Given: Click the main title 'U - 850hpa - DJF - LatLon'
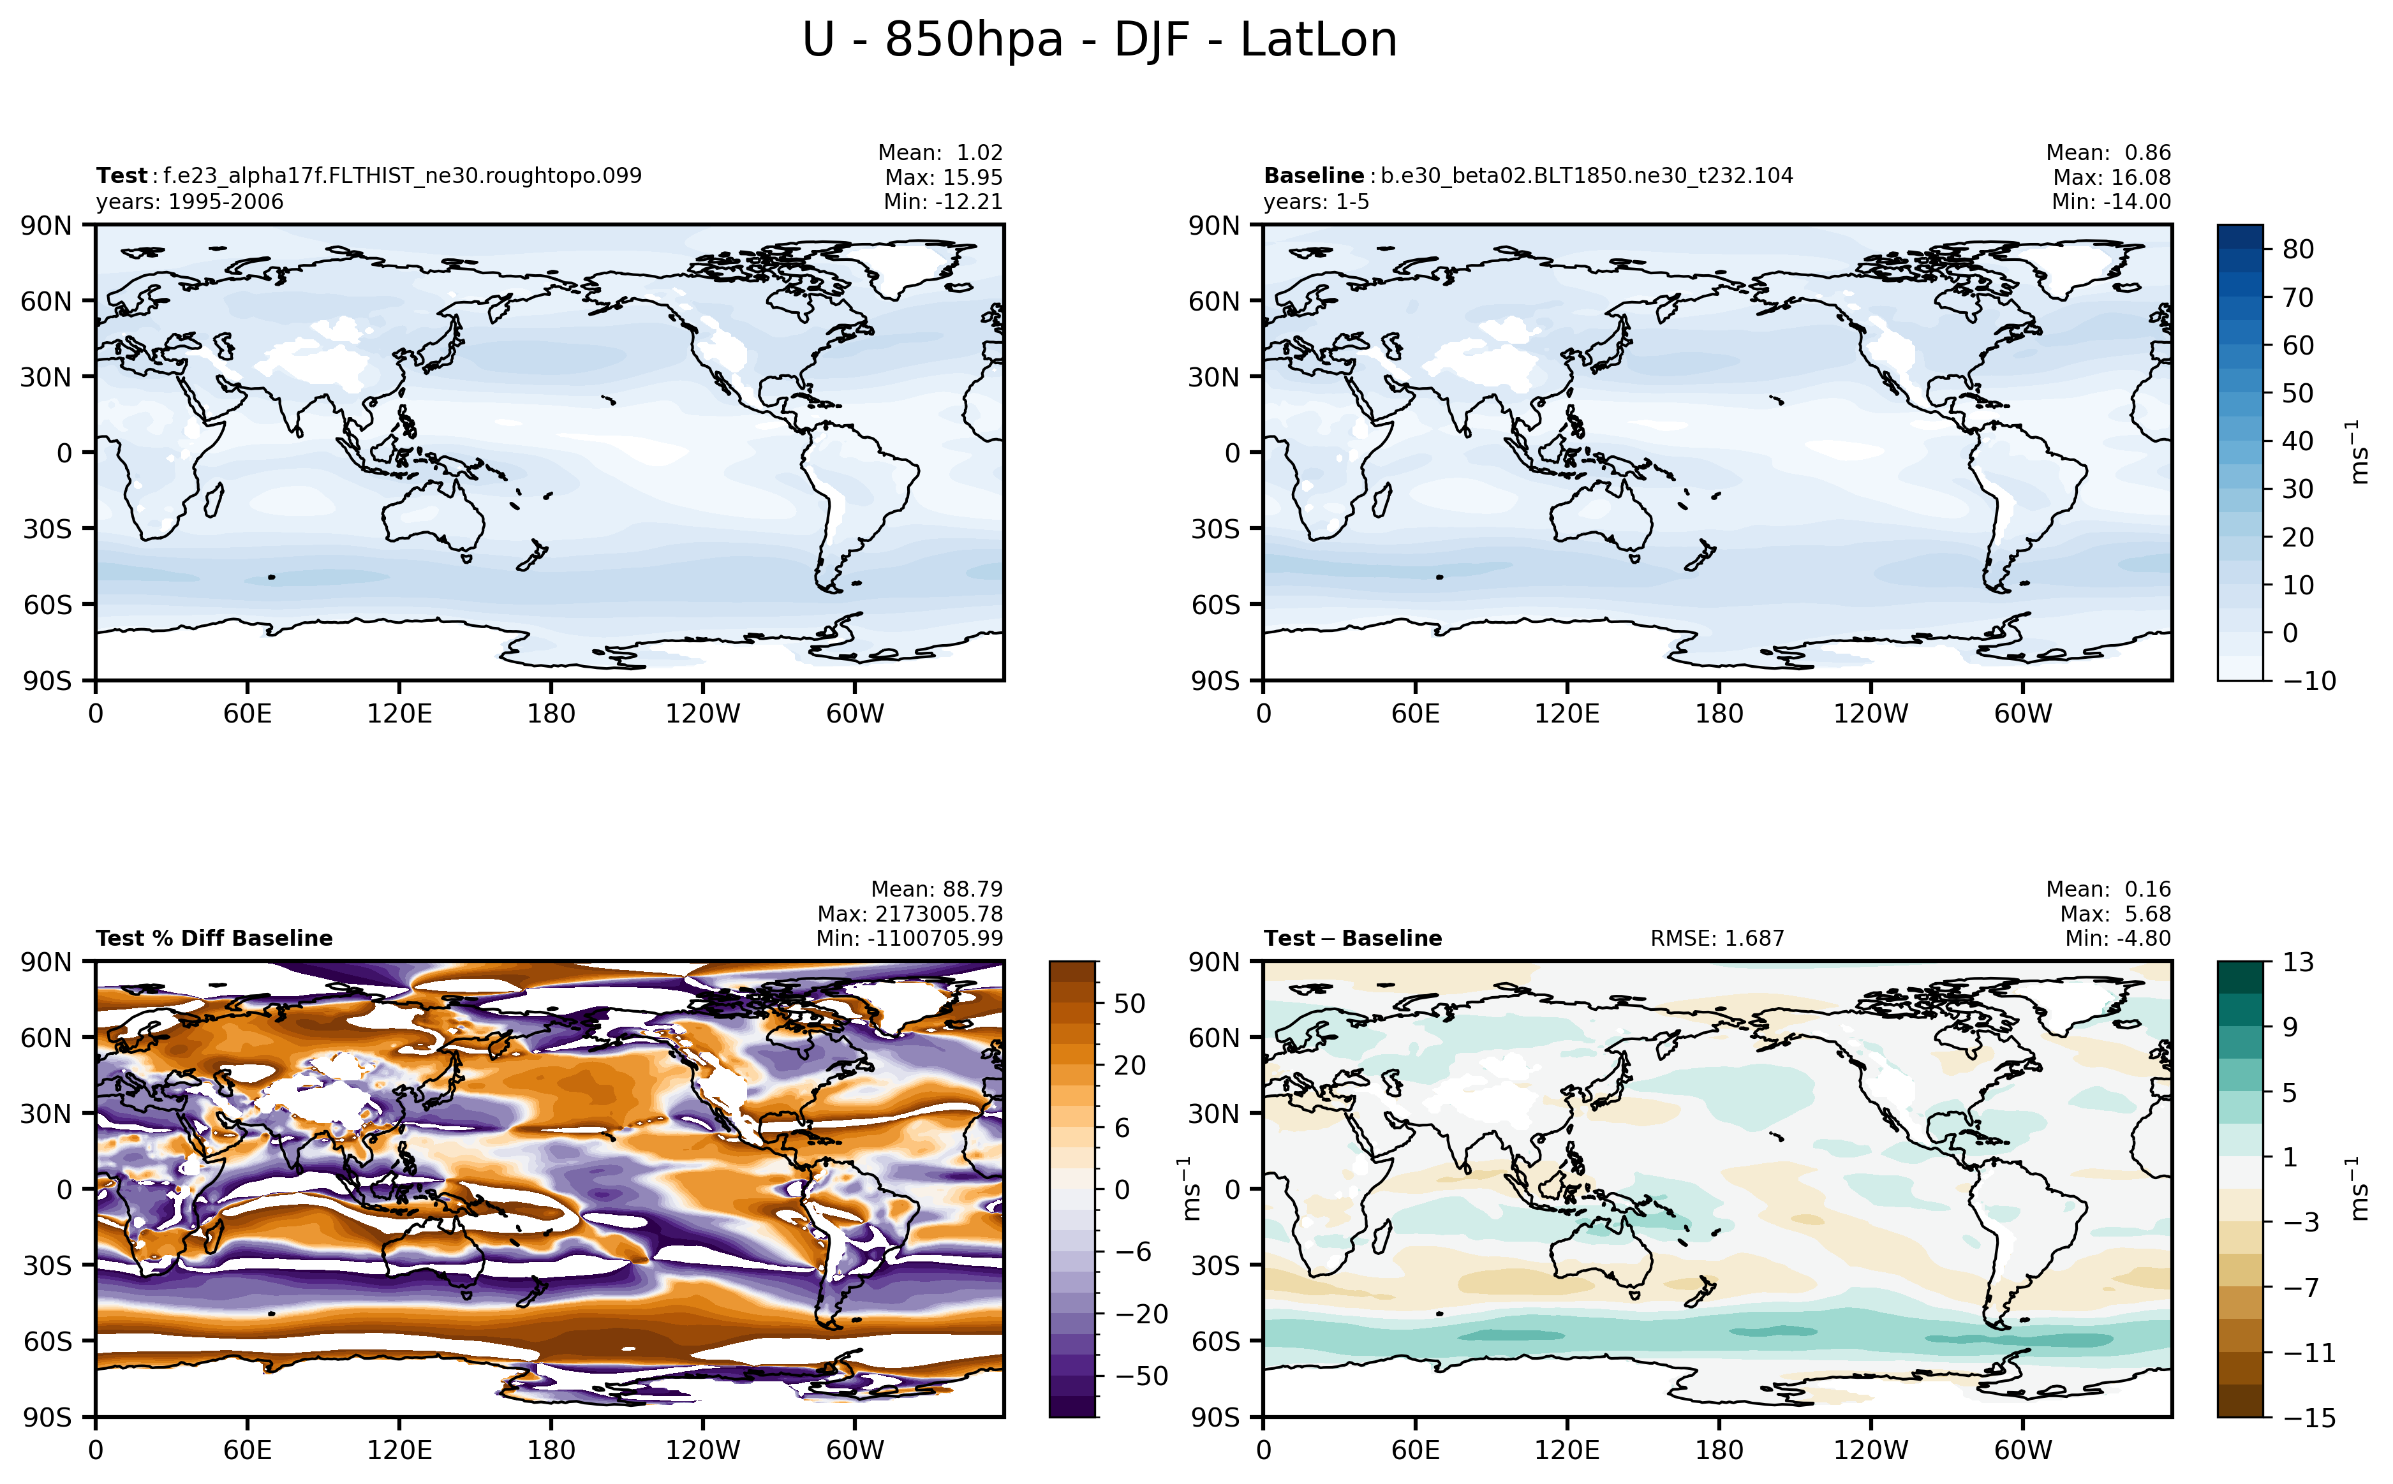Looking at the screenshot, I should click(x=1099, y=40).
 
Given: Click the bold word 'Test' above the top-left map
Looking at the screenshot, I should click(x=121, y=175).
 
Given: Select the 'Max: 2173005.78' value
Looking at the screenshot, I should click(x=909, y=914).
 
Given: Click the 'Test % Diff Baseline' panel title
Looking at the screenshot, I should click(x=214, y=938).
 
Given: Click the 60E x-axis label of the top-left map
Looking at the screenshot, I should click(x=248, y=714).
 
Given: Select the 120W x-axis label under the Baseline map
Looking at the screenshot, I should click(x=1870, y=714).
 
